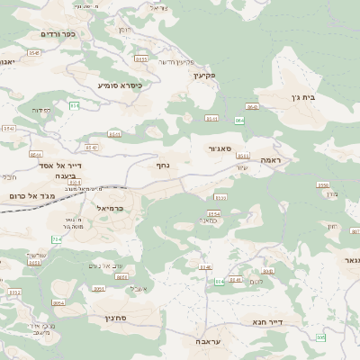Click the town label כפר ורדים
tap(58, 34)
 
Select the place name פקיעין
tap(206, 76)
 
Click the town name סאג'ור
tap(220, 148)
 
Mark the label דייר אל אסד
tap(61, 166)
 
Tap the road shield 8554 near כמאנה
tap(213, 213)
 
